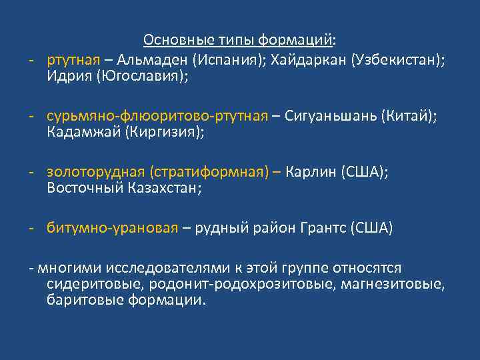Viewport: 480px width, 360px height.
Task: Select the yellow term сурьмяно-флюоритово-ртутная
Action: click(x=157, y=116)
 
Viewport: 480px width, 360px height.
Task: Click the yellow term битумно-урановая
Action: click(x=113, y=229)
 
